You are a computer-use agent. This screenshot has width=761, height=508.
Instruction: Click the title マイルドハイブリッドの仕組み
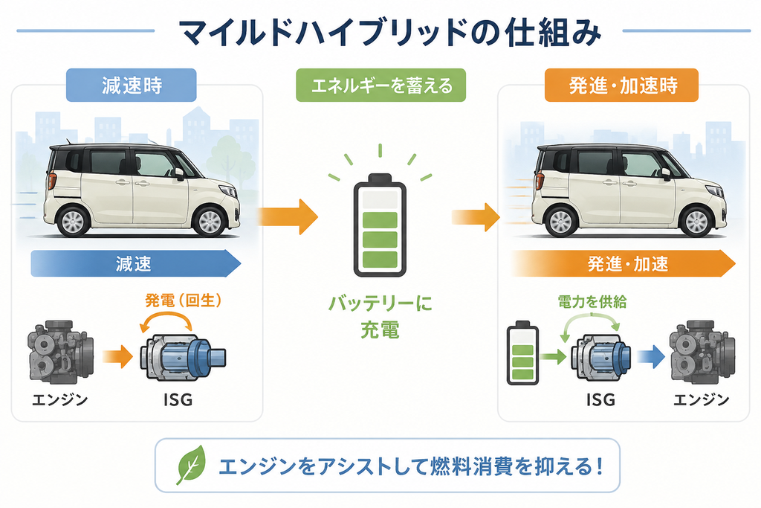click(x=389, y=33)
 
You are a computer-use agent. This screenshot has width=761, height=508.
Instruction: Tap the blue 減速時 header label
click(x=131, y=85)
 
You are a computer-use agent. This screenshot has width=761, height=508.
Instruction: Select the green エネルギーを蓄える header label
click(x=381, y=85)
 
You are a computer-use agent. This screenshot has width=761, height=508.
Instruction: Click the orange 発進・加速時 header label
click(x=621, y=85)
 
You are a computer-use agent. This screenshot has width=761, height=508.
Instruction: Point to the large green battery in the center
click(x=380, y=225)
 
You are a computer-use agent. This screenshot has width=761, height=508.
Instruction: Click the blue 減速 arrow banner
click(x=136, y=264)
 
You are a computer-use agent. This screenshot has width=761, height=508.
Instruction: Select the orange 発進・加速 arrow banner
click(x=624, y=264)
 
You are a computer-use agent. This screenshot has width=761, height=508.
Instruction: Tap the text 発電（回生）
click(x=184, y=300)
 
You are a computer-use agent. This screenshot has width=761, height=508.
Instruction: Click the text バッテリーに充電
click(x=380, y=317)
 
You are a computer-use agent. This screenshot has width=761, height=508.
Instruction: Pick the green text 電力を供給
click(x=592, y=302)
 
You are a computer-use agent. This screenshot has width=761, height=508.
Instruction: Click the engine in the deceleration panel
click(x=59, y=352)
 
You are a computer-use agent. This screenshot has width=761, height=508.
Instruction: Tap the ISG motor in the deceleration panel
click(x=183, y=357)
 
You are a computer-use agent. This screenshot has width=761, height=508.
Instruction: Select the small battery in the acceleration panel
click(x=522, y=353)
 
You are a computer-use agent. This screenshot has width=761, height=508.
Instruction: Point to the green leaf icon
click(x=191, y=465)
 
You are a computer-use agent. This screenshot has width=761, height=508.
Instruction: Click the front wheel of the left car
click(x=210, y=221)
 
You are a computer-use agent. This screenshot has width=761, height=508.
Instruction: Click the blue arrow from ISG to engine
click(x=651, y=357)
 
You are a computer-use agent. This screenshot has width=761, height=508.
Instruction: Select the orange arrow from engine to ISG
click(x=117, y=357)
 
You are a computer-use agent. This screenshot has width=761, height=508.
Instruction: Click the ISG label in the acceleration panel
click(x=600, y=399)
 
